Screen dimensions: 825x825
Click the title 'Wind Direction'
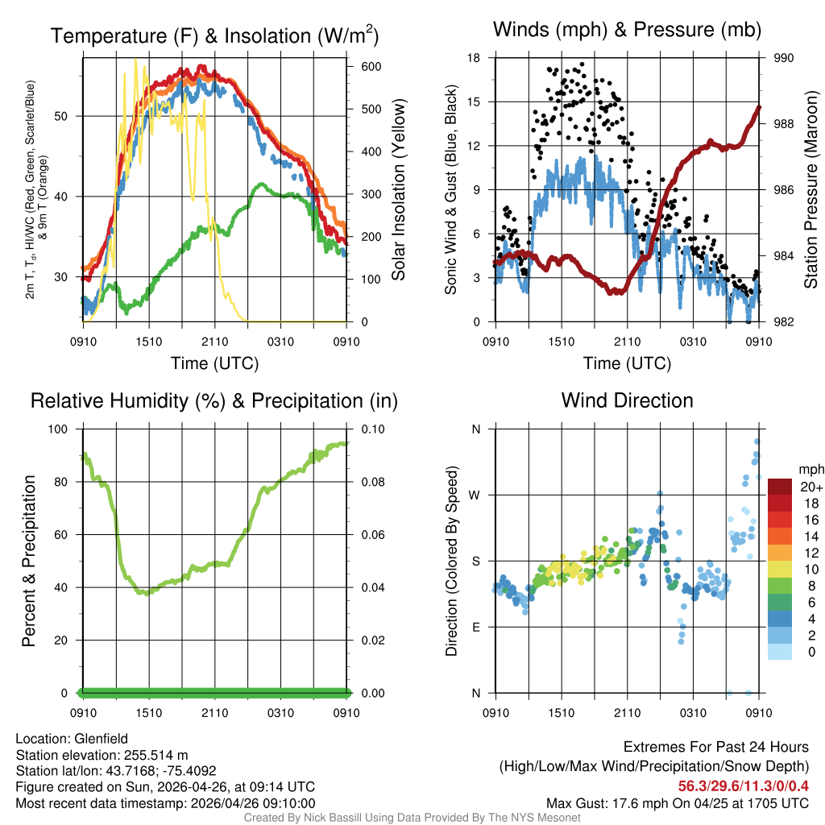point(627,400)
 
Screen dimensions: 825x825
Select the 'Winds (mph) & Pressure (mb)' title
point(627,30)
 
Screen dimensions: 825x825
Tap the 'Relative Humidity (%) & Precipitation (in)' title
point(214,400)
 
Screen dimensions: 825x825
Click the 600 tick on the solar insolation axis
point(359,66)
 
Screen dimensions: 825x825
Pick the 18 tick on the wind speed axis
point(475,58)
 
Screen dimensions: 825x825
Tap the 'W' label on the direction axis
point(475,495)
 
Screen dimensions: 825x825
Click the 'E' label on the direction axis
point(476,627)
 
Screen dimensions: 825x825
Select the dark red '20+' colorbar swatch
point(780,487)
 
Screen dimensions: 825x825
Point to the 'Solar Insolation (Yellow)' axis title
point(398,190)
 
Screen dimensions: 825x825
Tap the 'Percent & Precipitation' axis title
point(29,561)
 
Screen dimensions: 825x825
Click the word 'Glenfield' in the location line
point(102,738)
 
